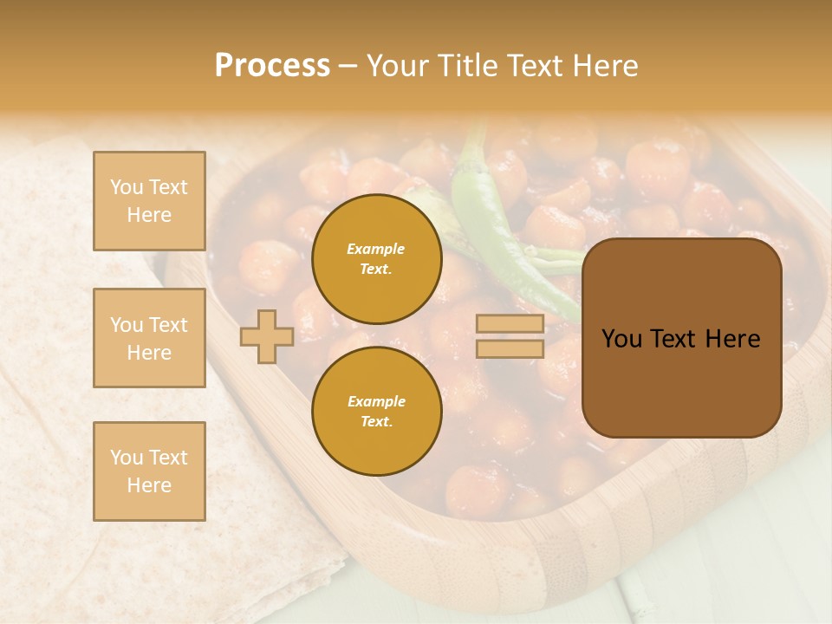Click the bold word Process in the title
272,66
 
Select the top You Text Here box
149,201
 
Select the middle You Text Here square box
149,338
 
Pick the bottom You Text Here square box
149,471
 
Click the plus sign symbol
267,336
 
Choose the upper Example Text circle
376,258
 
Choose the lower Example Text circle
376,411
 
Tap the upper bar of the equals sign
510,323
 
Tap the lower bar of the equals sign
510,349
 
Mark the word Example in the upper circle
376,249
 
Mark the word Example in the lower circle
376,401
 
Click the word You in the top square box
127,187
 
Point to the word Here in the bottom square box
149,485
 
